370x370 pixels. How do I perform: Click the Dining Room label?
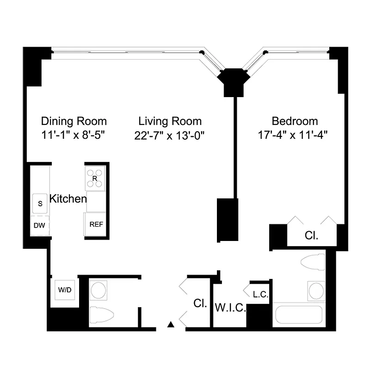pos(74,121)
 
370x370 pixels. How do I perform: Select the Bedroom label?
pos(295,121)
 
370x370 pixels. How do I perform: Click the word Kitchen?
pos(68,199)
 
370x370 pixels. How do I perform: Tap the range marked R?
pos(95,178)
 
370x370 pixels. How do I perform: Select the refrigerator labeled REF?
pos(96,224)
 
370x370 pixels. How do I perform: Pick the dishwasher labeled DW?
pos(40,226)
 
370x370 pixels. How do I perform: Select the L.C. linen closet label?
pos(260,294)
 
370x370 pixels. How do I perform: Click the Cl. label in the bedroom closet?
pos(311,235)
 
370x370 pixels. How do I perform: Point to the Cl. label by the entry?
pos(200,304)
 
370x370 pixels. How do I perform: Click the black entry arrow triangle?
pos(171,324)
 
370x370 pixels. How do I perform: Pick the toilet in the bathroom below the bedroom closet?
pos(313,262)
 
